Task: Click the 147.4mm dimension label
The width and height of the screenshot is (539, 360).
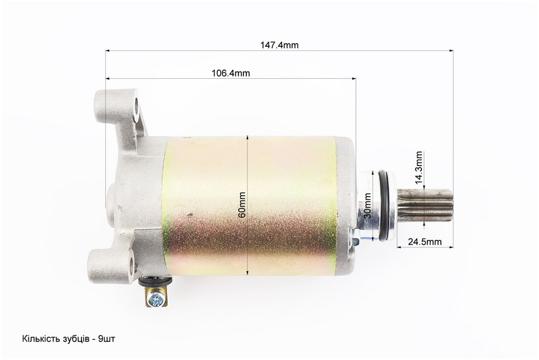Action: click(x=279, y=45)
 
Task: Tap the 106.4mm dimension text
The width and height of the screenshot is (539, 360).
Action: click(x=230, y=73)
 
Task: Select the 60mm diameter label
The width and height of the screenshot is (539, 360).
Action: click(x=242, y=205)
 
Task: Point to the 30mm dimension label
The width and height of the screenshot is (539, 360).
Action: click(x=368, y=206)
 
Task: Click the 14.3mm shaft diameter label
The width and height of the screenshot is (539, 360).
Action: click(x=419, y=168)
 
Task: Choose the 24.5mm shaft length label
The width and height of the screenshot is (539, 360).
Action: click(x=425, y=242)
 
